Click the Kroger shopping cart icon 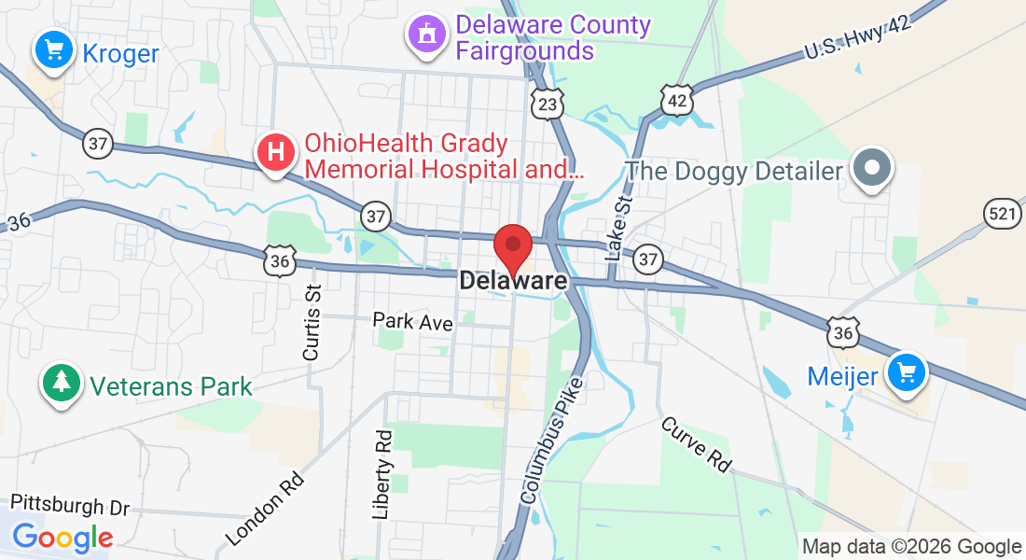tap(54, 49)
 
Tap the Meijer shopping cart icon tap(905, 373)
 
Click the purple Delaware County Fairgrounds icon tap(427, 35)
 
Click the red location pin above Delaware tap(512, 247)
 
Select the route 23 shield tap(548, 104)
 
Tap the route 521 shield tap(1001, 214)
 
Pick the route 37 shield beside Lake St tap(648, 259)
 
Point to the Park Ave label tap(412, 322)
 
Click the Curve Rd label tap(697, 444)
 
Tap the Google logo tap(62, 537)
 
